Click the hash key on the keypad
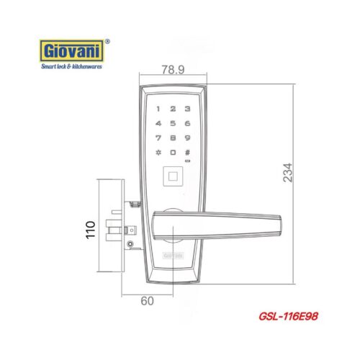[187, 153]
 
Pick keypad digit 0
[173, 153]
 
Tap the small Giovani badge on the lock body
[173, 255]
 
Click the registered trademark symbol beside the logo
[108, 42]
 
